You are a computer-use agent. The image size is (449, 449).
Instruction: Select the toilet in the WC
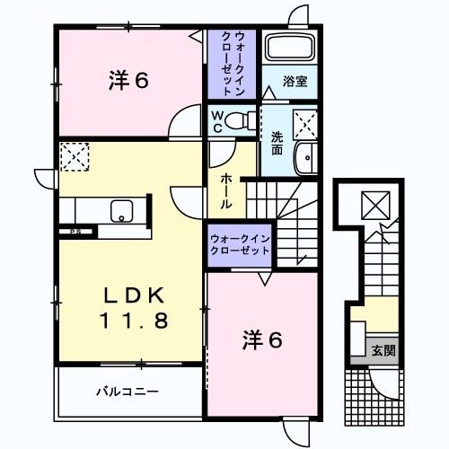240,121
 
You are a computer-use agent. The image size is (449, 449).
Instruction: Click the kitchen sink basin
120,212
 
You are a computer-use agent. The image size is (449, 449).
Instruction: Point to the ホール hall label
226,190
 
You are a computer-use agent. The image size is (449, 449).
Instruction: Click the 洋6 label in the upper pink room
128,81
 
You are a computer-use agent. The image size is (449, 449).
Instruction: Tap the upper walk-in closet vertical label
232,63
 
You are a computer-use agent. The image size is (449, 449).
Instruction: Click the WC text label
217,121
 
